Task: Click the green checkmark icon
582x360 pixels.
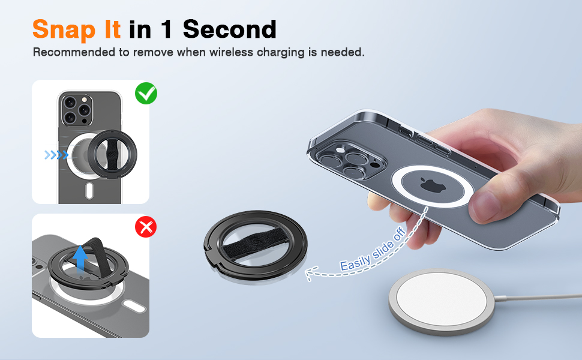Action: [x=146, y=94]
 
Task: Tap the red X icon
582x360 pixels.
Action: [x=146, y=227]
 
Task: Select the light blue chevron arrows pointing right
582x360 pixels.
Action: [x=56, y=155]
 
